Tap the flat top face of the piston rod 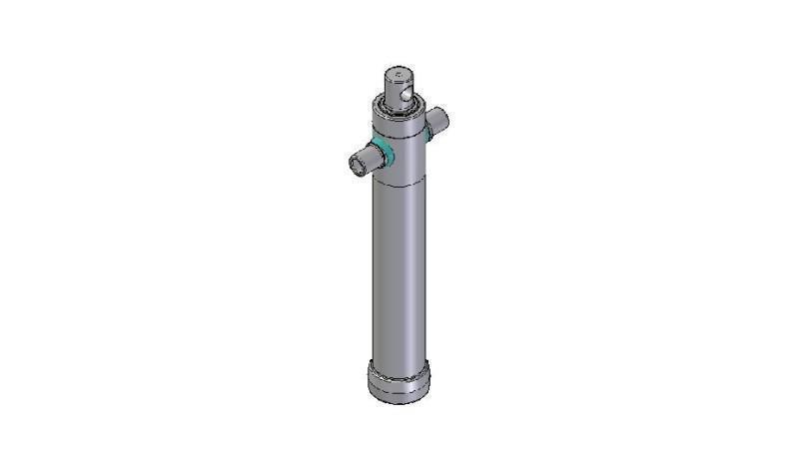399,72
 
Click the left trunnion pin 364,160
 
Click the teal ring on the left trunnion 381,153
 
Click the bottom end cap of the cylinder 399,383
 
